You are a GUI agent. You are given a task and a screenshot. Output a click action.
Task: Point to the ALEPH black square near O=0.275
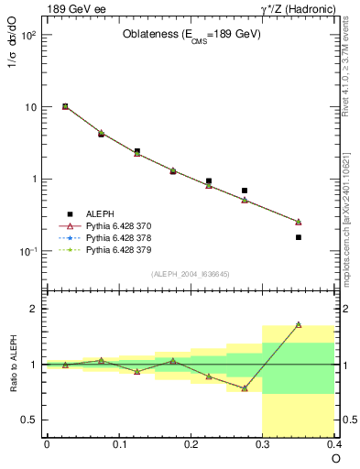(x=245, y=191)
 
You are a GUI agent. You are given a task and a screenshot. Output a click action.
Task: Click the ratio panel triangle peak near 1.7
(x=299, y=324)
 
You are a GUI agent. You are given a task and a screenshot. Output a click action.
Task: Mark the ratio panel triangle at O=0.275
(x=245, y=388)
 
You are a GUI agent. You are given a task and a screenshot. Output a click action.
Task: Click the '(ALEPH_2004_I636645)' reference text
(x=191, y=274)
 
